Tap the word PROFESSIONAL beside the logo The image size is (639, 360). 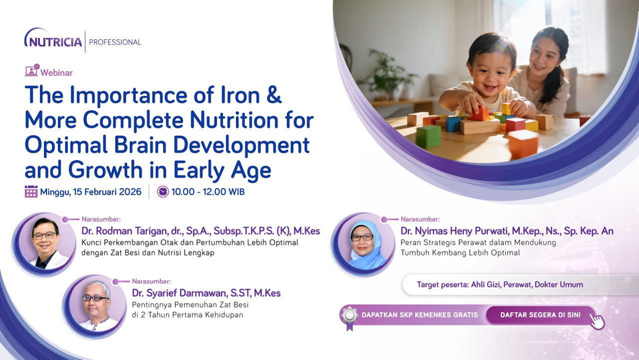click(115, 42)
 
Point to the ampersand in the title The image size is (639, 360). click(274, 95)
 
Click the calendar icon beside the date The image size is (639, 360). click(31, 191)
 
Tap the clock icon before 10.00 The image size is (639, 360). click(163, 192)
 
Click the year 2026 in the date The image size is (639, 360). click(130, 192)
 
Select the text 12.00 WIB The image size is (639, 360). click(224, 192)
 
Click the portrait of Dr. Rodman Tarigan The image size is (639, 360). click(44, 244)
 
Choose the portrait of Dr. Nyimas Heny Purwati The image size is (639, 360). click(363, 244)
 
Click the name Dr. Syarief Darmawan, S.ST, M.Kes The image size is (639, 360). click(206, 293)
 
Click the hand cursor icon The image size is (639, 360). click(597, 321)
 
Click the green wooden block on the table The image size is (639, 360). click(428, 136)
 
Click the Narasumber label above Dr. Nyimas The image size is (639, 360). click(420, 219)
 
